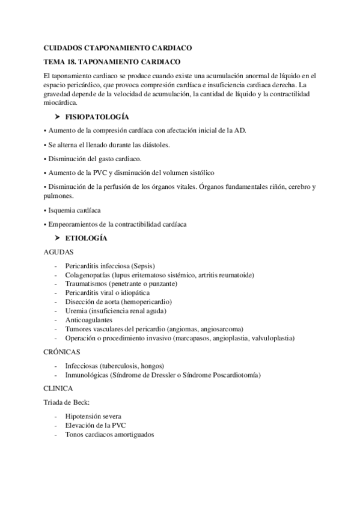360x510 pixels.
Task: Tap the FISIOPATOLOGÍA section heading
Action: (x=96, y=116)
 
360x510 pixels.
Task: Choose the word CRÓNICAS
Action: (x=63, y=352)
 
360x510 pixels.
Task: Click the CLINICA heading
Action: (x=59, y=389)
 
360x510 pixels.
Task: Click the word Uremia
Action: (x=78, y=311)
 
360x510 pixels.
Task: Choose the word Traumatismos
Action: (x=91, y=284)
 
